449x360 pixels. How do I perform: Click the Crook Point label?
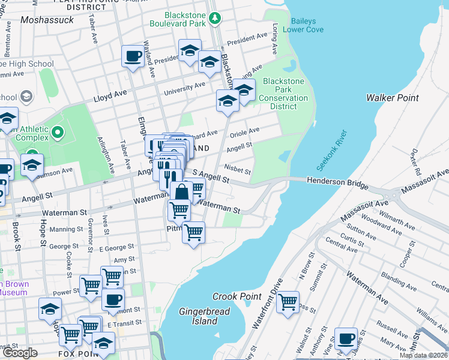[x=237, y=296]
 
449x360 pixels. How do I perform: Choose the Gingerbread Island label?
[x=198, y=316]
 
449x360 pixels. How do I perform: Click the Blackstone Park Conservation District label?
[x=283, y=94]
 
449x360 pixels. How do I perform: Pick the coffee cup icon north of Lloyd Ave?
[x=133, y=57]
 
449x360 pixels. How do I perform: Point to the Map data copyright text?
[x=423, y=355]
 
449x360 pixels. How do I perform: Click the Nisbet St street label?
[x=237, y=170]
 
